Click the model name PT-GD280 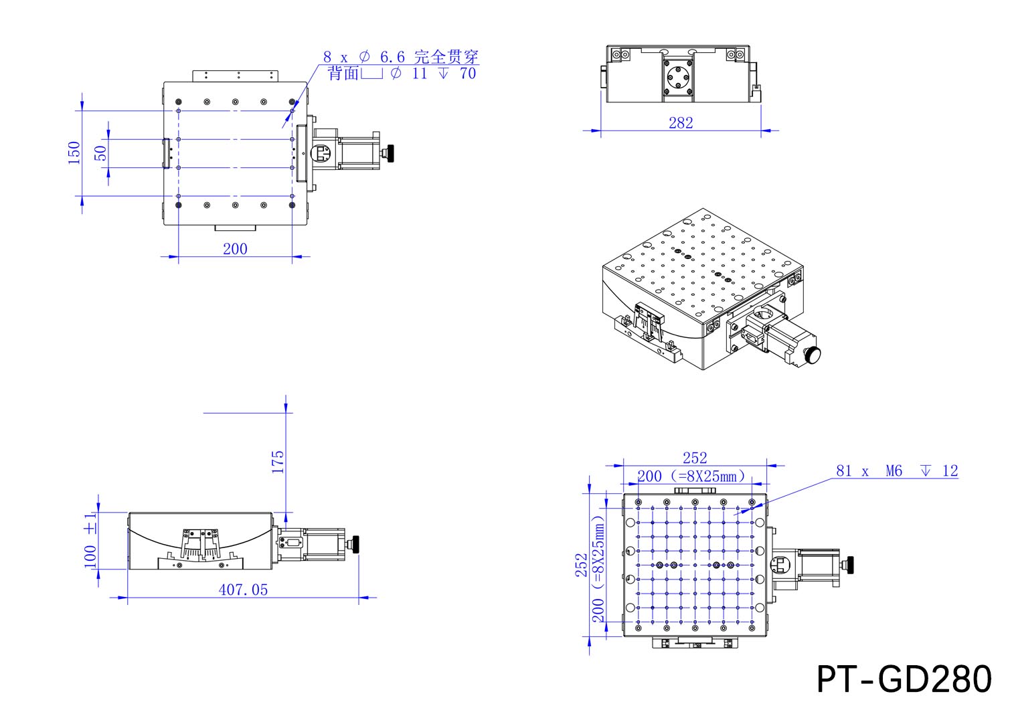coord(904,679)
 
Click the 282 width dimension coord(681,122)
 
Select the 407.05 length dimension coord(243,590)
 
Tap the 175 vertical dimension coord(278,462)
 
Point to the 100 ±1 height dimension coord(90,540)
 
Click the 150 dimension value coord(74,153)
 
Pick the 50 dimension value coord(100,153)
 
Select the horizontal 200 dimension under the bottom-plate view coord(235,249)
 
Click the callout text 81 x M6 coord(869,471)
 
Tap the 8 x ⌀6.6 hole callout coord(364,57)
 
